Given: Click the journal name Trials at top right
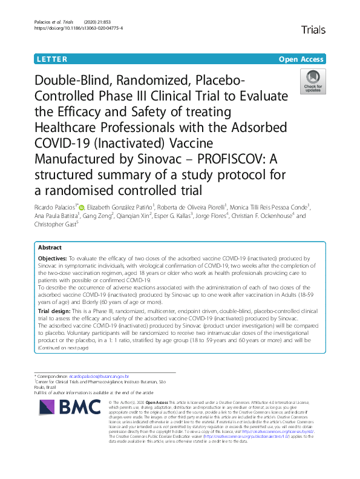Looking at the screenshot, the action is pyautogui.click(x=312, y=29).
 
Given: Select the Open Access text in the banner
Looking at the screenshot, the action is pyautogui.click(x=301, y=59).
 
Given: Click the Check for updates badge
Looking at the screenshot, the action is pyautogui.click(x=313, y=83).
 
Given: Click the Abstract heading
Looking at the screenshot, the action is pyautogui.click(x=50, y=248).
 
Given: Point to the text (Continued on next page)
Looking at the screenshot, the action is pyautogui.click(x=63, y=348).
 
